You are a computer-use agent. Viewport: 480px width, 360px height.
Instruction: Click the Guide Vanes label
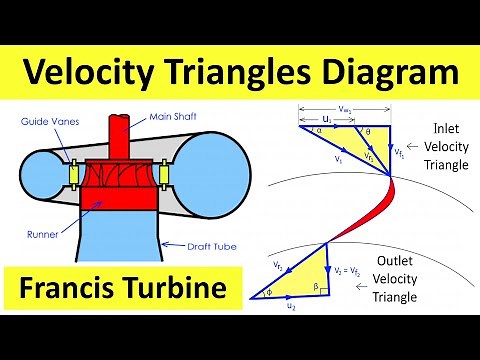pos(45,122)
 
